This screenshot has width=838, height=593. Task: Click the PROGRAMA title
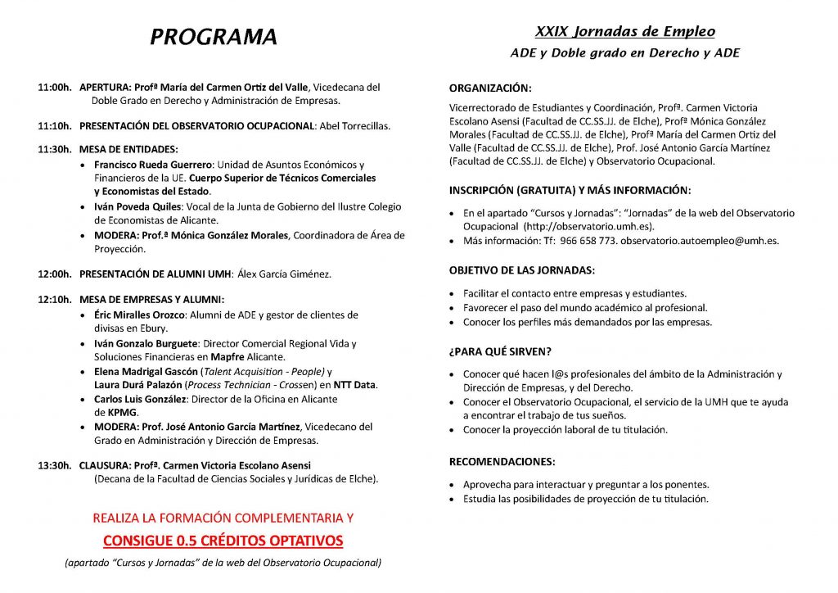coord(214,37)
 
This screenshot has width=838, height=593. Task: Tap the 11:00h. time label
coord(55,87)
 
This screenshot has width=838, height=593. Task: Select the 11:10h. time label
coord(55,126)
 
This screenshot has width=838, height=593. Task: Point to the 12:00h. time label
coord(55,274)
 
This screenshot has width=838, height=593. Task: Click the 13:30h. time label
coord(55,465)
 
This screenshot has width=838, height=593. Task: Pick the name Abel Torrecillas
coord(354,126)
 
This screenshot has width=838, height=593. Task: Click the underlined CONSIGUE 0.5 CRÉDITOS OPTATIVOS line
coord(223,541)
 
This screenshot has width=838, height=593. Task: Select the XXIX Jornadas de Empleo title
coord(624,32)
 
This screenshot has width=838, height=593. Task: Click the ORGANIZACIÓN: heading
coord(490,88)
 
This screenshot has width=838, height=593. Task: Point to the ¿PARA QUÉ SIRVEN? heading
coord(499,351)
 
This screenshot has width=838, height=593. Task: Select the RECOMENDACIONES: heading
coord(502,461)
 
